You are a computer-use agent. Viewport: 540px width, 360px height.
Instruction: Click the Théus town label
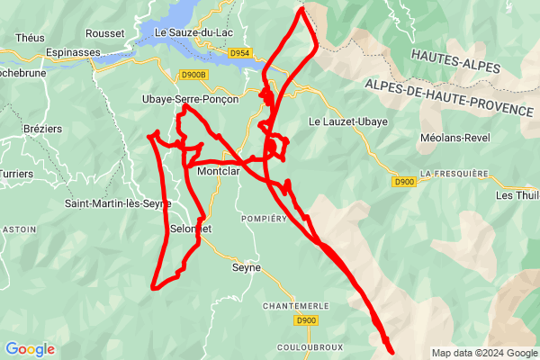click(x=30, y=37)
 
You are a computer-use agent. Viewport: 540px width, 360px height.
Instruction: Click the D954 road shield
click(x=239, y=54)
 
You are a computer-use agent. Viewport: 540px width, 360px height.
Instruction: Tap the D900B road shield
click(x=193, y=76)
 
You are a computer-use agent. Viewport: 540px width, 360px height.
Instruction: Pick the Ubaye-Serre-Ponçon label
click(x=186, y=99)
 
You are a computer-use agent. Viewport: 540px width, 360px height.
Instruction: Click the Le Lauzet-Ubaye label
click(x=348, y=121)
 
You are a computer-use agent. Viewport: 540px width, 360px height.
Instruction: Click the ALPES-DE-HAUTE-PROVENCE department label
click(x=449, y=96)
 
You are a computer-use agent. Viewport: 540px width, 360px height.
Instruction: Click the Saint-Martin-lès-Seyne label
click(x=117, y=203)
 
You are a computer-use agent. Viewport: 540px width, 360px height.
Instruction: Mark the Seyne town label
click(x=246, y=267)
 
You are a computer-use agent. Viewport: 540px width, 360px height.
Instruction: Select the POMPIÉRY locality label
click(x=264, y=219)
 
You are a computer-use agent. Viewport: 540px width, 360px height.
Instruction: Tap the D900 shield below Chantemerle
click(x=306, y=320)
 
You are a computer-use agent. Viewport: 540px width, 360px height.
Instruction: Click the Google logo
click(x=30, y=349)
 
